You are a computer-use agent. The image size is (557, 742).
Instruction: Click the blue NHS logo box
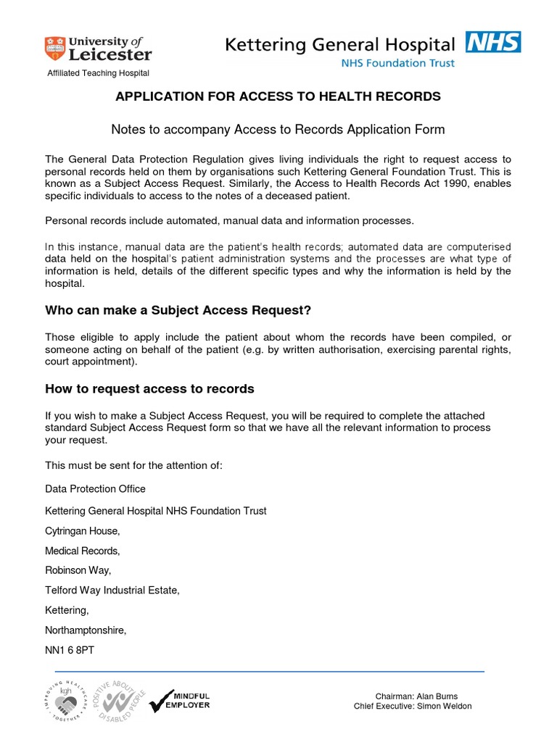(493, 42)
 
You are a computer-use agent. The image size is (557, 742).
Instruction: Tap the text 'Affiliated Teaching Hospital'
(98, 73)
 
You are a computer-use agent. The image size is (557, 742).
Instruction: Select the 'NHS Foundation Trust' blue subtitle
(398, 63)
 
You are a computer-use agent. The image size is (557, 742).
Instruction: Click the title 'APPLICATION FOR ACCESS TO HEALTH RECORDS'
(278, 96)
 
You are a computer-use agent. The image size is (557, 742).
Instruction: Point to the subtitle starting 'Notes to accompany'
(278, 130)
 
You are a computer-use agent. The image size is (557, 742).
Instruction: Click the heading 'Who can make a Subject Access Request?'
(178, 311)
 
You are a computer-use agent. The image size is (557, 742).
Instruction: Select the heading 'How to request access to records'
(149, 389)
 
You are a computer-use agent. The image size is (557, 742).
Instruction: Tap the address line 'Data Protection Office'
(95, 488)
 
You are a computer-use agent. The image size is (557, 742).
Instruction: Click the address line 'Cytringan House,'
(82, 531)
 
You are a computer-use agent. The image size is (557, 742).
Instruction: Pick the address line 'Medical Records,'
(82, 551)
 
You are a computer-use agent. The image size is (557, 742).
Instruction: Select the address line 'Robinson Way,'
(78, 570)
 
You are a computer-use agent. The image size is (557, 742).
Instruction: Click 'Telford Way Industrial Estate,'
(112, 591)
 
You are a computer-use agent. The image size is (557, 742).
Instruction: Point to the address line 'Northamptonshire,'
(86, 630)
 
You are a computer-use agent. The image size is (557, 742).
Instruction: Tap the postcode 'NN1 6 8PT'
(70, 650)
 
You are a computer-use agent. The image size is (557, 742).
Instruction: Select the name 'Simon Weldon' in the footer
(443, 706)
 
